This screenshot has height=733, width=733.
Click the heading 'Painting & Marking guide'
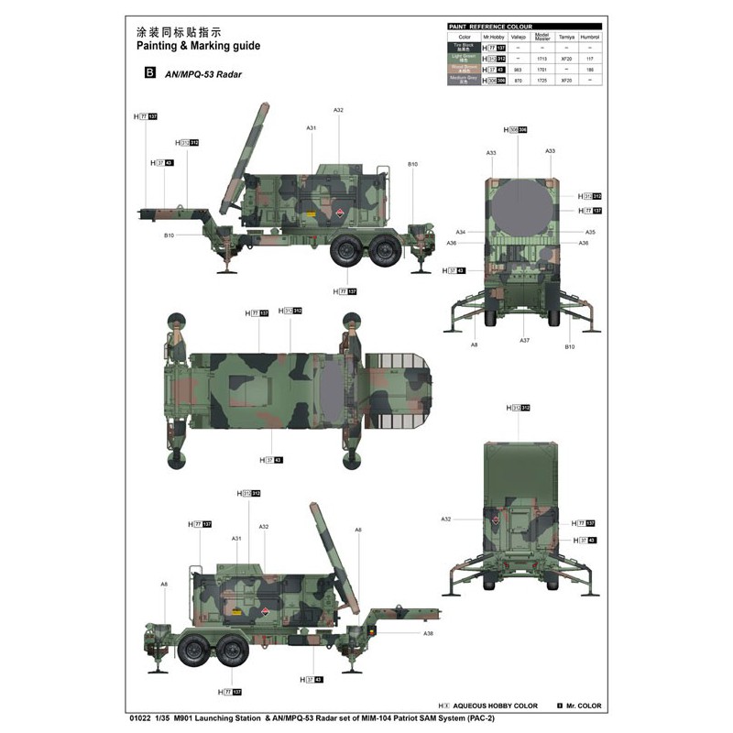coord(198,45)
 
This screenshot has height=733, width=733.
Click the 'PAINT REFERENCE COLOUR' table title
coord(489,27)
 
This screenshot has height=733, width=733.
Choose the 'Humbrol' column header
coord(590,37)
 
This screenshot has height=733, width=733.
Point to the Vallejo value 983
coord(519,69)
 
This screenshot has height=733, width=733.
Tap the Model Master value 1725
coord(542,80)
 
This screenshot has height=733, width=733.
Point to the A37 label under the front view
coord(524,340)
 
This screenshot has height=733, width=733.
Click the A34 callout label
coord(461,232)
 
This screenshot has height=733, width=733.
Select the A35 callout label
coord(590,232)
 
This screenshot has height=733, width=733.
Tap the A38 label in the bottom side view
coord(428,634)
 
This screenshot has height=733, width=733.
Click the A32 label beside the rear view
coord(445,519)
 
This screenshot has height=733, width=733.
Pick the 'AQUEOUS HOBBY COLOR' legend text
coord(496,706)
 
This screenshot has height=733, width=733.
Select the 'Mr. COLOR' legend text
coord(583,706)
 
